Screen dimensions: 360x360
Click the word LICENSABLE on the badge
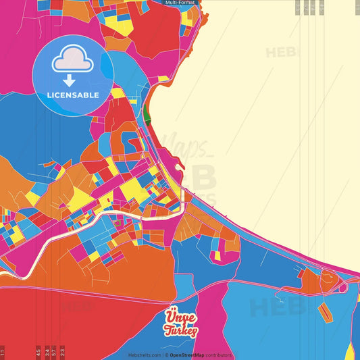pyautogui.click(x=73, y=95)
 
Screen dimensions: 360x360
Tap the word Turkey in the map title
pyautogui.click(x=181, y=330)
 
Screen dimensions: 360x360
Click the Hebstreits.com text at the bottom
pyautogui.click(x=145, y=355)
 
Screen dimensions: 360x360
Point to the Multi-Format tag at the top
pyautogui.click(x=180, y=3)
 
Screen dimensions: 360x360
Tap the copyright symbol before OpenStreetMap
pyautogui.click(x=166, y=355)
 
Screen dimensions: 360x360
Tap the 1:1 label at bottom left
pyautogui.click(x=3, y=352)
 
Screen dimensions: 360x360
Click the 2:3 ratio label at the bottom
pyautogui.click(x=62, y=352)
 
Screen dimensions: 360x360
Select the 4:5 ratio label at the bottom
pyautogui.click(x=38, y=352)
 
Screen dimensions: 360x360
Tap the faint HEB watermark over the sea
pyautogui.click(x=284, y=53)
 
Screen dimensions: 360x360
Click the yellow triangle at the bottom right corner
pyautogui.click(x=351, y=352)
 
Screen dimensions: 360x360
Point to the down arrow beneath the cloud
pyautogui.click(x=73, y=79)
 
